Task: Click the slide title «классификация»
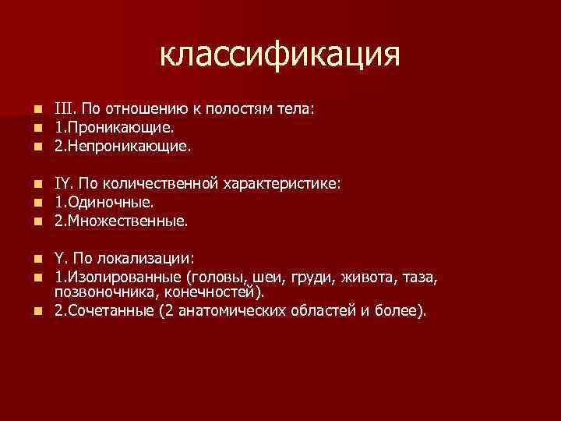[280, 55]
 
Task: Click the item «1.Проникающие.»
[115, 126]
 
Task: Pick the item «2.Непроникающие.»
[122, 144]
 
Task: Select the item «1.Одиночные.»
[99, 202]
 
